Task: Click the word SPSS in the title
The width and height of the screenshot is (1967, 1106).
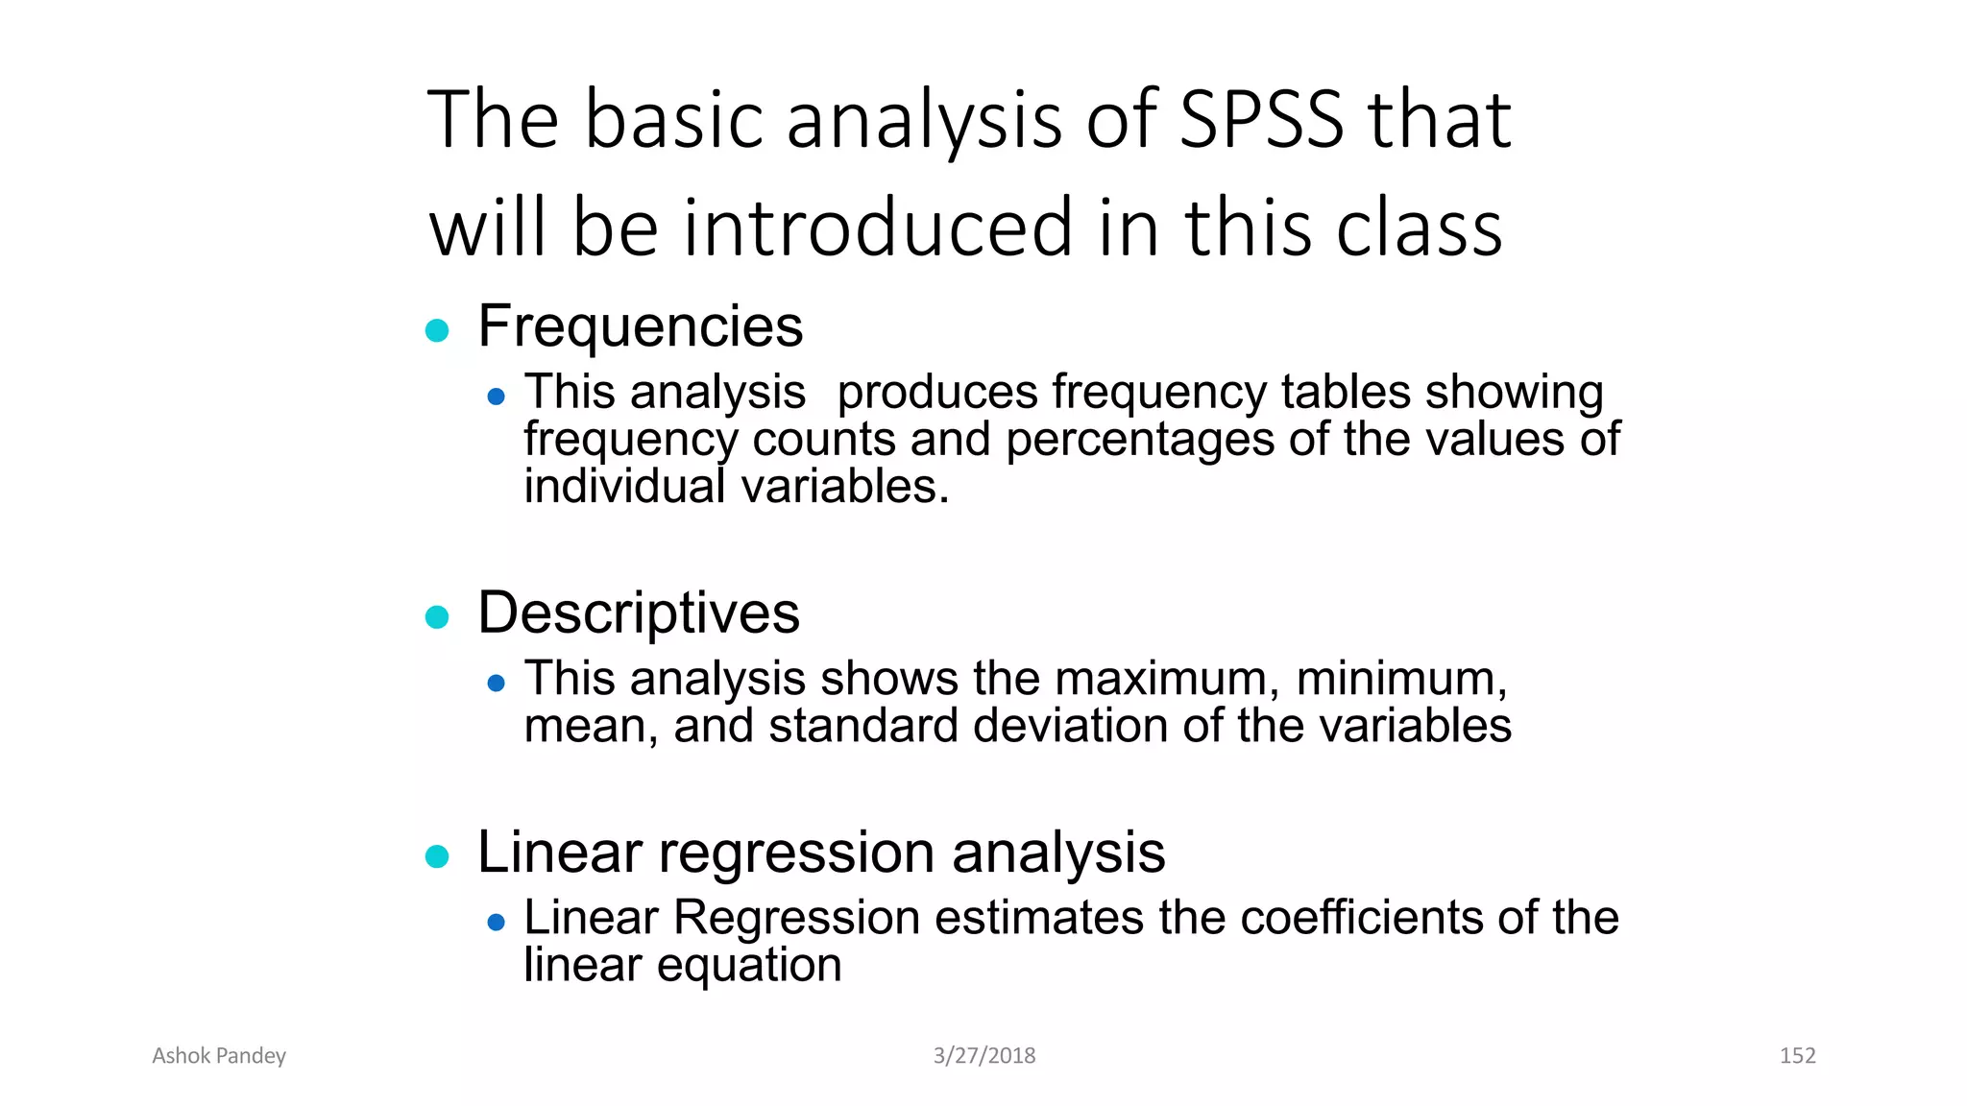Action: pos(1260,120)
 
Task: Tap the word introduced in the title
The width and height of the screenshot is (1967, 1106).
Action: pos(877,228)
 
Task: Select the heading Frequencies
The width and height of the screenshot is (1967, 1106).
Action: pos(640,326)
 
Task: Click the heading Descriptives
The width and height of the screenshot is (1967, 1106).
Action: pos(638,613)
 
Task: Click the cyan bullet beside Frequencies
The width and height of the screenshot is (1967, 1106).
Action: pos(437,330)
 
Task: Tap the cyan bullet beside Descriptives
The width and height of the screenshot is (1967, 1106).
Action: pos(437,617)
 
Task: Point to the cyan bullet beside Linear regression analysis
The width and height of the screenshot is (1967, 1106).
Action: pos(437,856)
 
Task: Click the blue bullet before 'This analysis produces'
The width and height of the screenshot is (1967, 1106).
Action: pos(496,397)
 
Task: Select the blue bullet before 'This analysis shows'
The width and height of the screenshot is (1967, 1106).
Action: pos(496,684)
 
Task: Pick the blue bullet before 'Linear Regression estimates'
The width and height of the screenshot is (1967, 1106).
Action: pos(496,923)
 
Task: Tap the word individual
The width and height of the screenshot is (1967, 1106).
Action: pos(623,487)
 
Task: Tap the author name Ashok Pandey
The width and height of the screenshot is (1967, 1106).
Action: pos(219,1056)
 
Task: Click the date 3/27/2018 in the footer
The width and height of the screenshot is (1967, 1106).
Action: pos(984,1056)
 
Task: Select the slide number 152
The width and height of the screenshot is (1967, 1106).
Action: pos(1797,1056)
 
